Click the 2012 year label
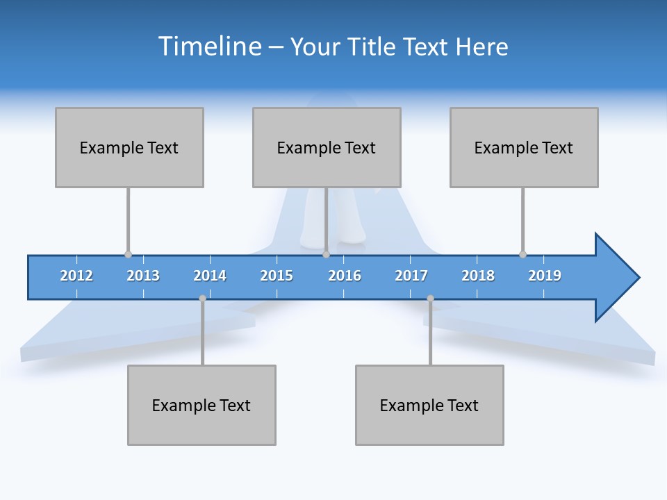point(76,276)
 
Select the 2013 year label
point(143,276)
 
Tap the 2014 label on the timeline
point(210,276)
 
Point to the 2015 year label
point(277,276)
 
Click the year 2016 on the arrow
point(345,276)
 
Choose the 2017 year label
point(411,276)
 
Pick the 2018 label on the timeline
point(478,276)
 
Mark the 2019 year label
point(545,276)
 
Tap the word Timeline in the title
point(208,47)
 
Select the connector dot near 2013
point(128,254)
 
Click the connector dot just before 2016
point(326,254)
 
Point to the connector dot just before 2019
point(522,254)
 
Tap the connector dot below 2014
point(202,299)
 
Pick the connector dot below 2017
point(430,299)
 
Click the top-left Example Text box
point(129,147)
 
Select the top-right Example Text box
point(524,147)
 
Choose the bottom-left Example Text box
point(201,405)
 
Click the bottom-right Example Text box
point(429,405)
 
